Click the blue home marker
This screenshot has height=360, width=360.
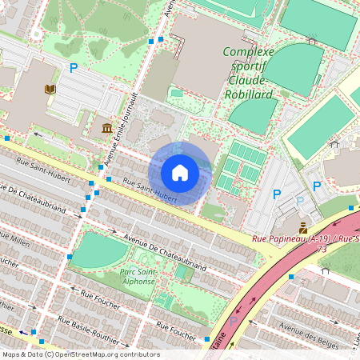click(180, 173)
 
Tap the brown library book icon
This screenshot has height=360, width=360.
click(52, 89)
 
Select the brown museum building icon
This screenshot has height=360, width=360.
click(106, 128)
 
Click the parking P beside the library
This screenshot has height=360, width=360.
click(74, 69)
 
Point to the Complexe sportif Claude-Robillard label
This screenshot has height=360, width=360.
click(248, 73)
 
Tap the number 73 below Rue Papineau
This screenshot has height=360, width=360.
click(323, 250)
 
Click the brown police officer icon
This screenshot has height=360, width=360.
click(303, 226)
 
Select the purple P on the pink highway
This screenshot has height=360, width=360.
click(233, 321)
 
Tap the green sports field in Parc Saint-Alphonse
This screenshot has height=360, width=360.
click(99, 250)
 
